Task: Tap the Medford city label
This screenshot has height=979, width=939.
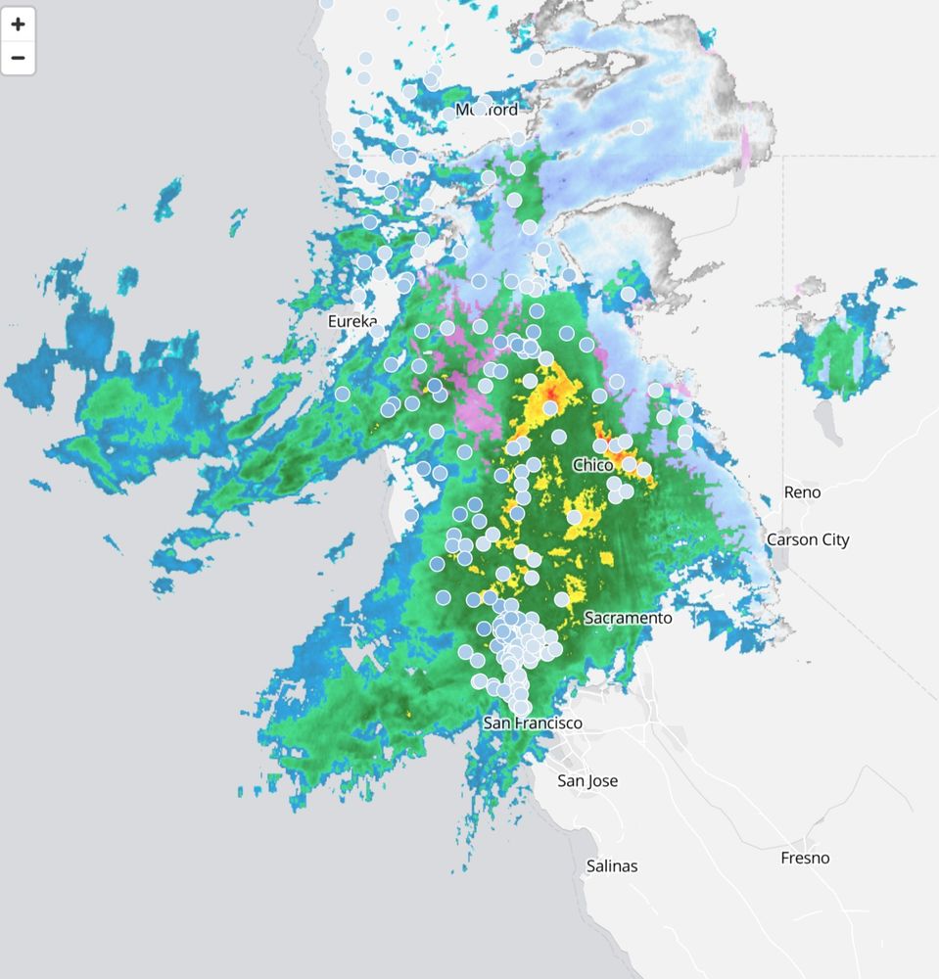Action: coord(487,110)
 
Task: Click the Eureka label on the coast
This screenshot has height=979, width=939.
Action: coord(352,320)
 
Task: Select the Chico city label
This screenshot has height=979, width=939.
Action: coord(592,465)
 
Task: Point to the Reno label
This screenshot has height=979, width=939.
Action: coord(802,492)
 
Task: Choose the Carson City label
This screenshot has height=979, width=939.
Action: coord(808,539)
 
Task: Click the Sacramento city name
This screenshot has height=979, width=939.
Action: coord(628,618)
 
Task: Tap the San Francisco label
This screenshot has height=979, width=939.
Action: coord(533,723)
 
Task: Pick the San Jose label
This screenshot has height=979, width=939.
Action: coord(587,780)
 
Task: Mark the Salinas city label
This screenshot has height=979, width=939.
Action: coord(611,865)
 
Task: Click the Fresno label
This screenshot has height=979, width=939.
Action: coord(805,858)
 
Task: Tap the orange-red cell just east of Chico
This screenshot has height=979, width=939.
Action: coord(619,456)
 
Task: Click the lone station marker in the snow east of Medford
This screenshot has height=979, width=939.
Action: coord(638,127)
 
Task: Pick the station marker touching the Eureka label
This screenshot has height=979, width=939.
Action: coord(377,331)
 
